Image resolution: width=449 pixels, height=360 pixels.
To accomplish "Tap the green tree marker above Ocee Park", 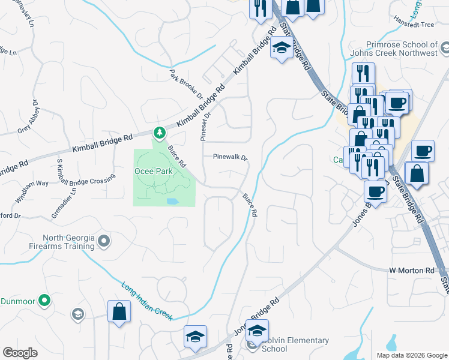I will (x=159, y=132).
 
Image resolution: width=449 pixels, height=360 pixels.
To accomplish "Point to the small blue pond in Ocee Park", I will (x=172, y=201).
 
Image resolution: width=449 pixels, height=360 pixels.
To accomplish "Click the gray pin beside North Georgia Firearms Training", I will (x=104, y=241).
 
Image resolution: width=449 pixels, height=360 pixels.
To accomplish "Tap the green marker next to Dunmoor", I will (x=43, y=299).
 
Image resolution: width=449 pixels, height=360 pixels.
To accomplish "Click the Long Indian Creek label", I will (x=147, y=300).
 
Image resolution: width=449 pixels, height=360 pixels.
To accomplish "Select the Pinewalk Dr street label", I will (x=230, y=157).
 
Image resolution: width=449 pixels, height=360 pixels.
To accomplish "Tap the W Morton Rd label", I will (x=411, y=271).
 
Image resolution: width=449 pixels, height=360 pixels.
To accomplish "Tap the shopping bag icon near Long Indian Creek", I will (x=119, y=311).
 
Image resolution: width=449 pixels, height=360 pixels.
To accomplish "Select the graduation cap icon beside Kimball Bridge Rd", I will (x=280, y=47).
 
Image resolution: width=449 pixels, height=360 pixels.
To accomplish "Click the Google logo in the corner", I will (x=20, y=353).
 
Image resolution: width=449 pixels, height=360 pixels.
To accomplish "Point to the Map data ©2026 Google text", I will (x=411, y=355).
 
